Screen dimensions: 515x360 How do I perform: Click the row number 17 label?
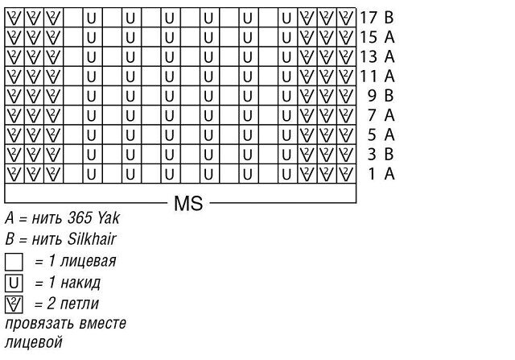pyautogui.click(x=369, y=18)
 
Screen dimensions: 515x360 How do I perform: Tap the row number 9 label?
pyautogui.click(x=372, y=95)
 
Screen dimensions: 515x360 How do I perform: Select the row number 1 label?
pyautogui.click(x=372, y=174)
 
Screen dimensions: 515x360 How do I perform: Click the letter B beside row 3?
pyautogui.click(x=389, y=154)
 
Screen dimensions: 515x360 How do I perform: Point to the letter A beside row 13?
pyautogui.click(x=389, y=56)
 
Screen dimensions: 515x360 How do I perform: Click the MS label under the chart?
pyautogui.click(x=188, y=203)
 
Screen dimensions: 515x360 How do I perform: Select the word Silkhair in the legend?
pyautogui.click(x=92, y=239)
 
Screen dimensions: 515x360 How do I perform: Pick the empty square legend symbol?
pyautogui.click(x=14, y=262)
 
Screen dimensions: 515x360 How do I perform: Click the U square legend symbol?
pyautogui.click(x=14, y=283)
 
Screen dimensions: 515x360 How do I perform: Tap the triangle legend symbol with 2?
pyautogui.click(x=14, y=304)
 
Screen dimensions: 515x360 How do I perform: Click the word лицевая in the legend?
pyautogui.click(x=88, y=261)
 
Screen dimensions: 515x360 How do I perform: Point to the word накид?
pyautogui.click(x=80, y=283)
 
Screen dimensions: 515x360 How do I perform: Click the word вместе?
pyautogui.click(x=103, y=324)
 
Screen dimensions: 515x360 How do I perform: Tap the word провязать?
pyautogui.click(x=39, y=325)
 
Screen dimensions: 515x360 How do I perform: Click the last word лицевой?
pyautogui.click(x=34, y=342)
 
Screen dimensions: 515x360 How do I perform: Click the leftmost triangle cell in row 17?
pyautogui.click(x=14, y=18)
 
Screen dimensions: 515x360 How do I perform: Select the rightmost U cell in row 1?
pyautogui.click(x=287, y=174)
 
